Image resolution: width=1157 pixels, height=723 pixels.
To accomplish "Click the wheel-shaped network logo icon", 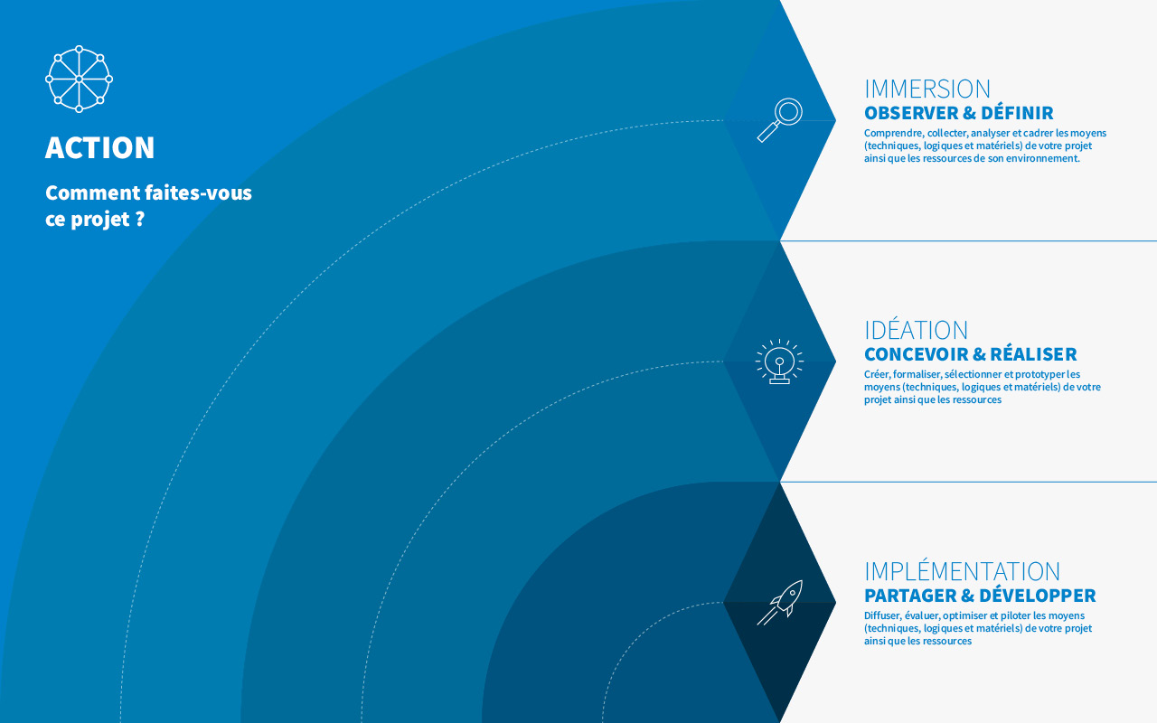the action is pos(79,79).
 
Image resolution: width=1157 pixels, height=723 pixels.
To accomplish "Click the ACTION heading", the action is pos(99,147).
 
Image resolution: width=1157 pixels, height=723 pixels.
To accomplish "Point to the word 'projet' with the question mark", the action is pos(100,220).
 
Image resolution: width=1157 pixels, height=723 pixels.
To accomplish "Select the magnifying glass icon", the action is pos(780,120).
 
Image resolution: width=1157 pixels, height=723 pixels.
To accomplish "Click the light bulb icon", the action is pos(779,361).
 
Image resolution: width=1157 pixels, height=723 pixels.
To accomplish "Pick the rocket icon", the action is pos(780,602).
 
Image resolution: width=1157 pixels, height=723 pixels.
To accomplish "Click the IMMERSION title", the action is pos(927,89).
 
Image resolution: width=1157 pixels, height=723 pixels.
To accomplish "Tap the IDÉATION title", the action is pos(916,330).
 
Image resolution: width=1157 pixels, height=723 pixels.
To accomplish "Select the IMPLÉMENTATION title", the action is pos(963,570).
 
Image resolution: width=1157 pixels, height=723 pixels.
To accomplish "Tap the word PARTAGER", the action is pos(910,596).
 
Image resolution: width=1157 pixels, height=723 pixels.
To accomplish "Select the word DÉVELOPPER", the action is pos(1037,595).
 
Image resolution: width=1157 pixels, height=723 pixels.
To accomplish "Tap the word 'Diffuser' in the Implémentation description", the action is pos(882,615).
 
